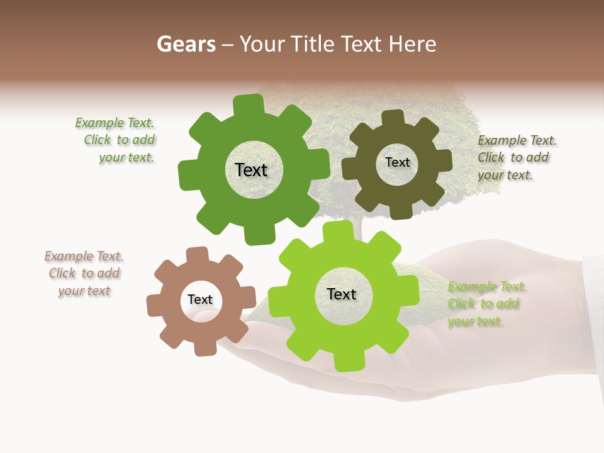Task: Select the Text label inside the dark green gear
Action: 251,170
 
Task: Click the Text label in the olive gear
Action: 397,162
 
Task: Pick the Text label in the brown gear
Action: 200,300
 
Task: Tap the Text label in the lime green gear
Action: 342,294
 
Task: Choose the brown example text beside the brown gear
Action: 84,274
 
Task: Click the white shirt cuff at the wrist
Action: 593,315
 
